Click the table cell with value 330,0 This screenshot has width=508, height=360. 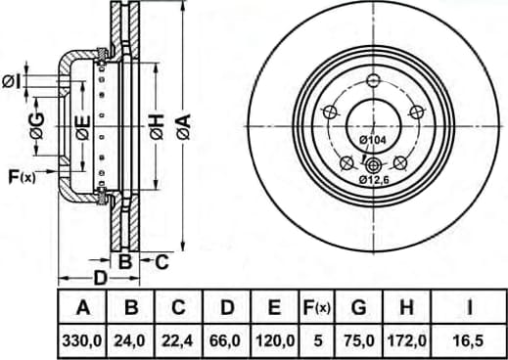82,341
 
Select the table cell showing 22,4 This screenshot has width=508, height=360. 178,341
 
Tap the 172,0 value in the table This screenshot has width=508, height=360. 406,341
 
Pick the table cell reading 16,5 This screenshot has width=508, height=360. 469,341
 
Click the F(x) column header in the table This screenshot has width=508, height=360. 317,307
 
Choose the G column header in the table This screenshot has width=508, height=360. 359,307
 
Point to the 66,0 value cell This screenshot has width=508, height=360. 227,341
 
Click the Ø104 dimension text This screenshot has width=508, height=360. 373,140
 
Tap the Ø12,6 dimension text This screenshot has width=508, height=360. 374,179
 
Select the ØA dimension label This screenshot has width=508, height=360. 183,126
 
